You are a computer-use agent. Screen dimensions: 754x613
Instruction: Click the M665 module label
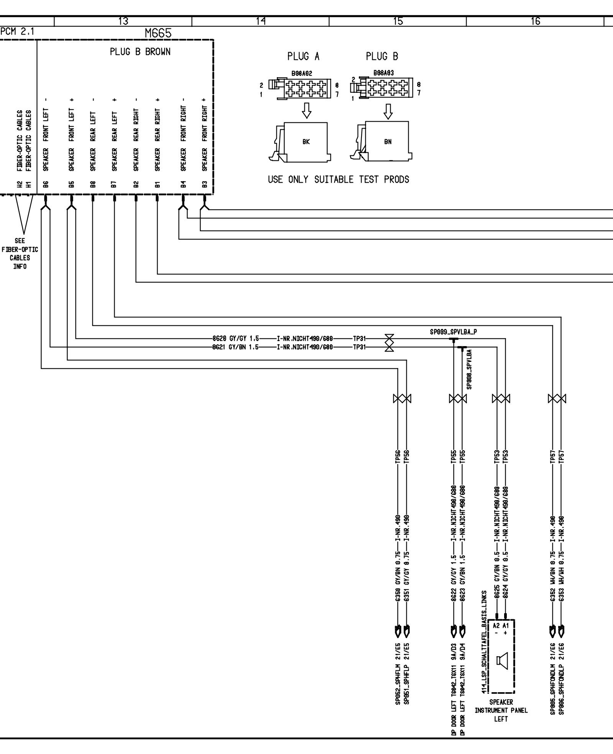[x=158, y=34]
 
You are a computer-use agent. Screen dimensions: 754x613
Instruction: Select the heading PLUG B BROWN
[x=140, y=52]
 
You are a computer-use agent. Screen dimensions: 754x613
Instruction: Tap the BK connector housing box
[x=306, y=142]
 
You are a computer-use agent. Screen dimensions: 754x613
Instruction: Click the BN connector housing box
[x=387, y=142]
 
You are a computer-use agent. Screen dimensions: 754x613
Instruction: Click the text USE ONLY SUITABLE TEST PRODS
[x=339, y=179]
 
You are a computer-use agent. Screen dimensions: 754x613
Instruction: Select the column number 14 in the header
[x=260, y=21]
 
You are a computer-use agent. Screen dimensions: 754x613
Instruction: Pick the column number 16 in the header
[x=536, y=21]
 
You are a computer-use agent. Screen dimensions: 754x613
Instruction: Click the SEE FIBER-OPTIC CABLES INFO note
[x=20, y=253]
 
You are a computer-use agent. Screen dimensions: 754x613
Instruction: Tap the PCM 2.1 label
[x=18, y=32]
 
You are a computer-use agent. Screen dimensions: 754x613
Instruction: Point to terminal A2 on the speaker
[x=496, y=625]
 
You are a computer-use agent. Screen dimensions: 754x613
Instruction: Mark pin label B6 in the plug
[x=46, y=184]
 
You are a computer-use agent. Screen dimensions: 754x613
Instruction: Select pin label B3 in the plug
[x=205, y=184]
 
